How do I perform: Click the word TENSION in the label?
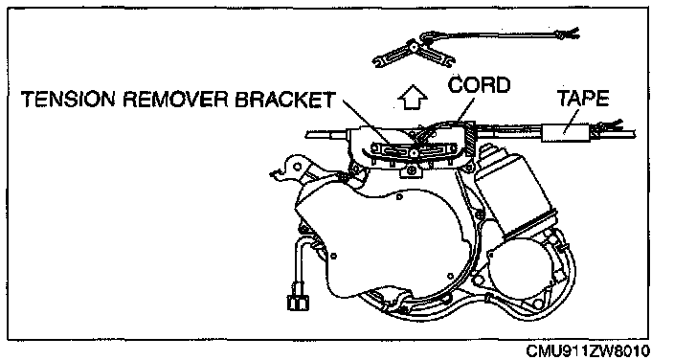click(x=69, y=100)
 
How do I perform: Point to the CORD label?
click(x=479, y=84)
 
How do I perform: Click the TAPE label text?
click(x=583, y=98)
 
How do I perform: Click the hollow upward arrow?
click(x=413, y=98)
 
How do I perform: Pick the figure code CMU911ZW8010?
click(x=588, y=350)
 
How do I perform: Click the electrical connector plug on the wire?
click(x=297, y=299)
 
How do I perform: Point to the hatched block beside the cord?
click(x=468, y=137)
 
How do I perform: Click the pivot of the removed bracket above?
click(x=413, y=46)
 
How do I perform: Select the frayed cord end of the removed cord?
click(x=569, y=33)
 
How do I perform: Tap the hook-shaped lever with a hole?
click(x=292, y=167)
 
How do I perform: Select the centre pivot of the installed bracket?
click(x=413, y=152)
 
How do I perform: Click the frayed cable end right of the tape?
click(x=611, y=124)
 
